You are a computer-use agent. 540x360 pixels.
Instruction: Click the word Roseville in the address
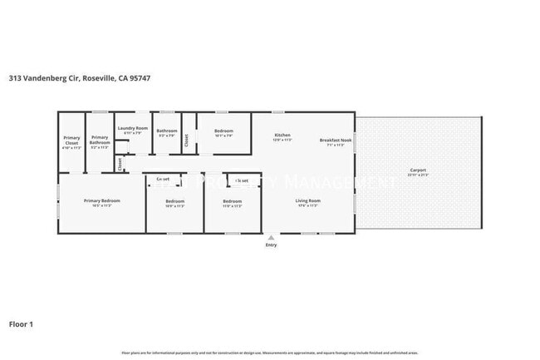coord(98,78)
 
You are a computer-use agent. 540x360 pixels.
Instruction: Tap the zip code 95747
coord(139,78)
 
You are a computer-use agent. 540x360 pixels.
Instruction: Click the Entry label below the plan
coord(271,245)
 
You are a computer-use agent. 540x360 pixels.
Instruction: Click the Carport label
coord(418,170)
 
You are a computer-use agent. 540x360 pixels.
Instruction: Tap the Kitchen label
coord(282,136)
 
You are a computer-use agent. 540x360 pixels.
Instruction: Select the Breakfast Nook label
coord(336,140)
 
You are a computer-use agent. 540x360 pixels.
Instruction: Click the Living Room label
coord(308,200)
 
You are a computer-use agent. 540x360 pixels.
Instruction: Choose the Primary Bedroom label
coord(102,200)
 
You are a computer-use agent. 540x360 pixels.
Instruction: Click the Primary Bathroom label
coord(100,141)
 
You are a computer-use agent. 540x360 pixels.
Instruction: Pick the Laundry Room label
coord(132,128)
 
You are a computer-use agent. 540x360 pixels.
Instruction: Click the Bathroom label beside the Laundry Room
coord(167,131)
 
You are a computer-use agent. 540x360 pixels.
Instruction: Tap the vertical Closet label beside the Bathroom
coord(187,141)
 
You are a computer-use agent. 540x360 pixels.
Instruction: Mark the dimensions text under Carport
coord(418,175)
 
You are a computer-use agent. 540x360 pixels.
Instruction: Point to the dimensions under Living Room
coord(308,206)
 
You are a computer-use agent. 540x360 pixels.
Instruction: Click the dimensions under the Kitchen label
coord(282,141)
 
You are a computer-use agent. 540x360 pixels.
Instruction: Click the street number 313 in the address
coord(14,78)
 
